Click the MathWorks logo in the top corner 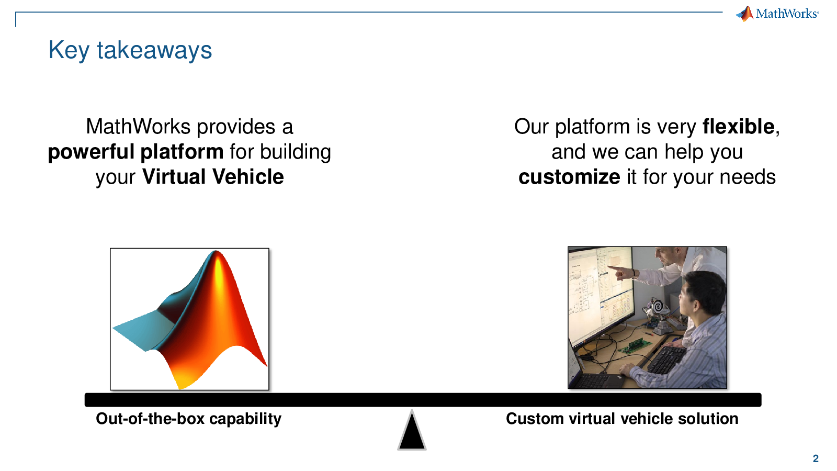click(777, 14)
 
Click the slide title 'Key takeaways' click(130, 50)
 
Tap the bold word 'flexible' click(738, 126)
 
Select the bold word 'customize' click(569, 176)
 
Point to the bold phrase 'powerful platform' click(135, 152)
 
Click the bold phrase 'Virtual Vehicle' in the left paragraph click(213, 176)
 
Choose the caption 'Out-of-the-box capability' click(189, 419)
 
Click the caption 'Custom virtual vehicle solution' click(622, 419)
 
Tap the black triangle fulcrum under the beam click(412, 432)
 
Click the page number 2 click(816, 458)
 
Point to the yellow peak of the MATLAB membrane click(218, 269)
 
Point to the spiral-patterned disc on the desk click(657, 307)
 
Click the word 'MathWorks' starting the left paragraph click(138, 127)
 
